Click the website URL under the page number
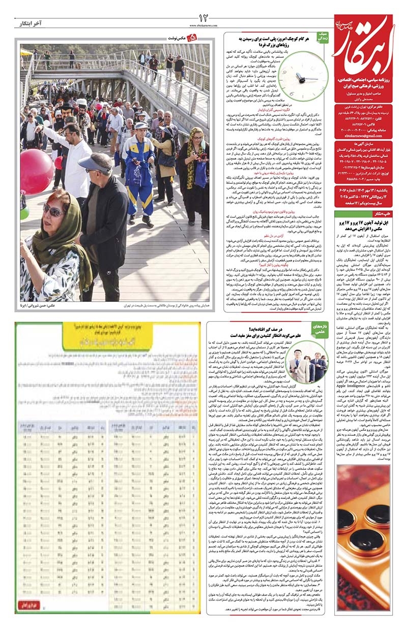203,25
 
